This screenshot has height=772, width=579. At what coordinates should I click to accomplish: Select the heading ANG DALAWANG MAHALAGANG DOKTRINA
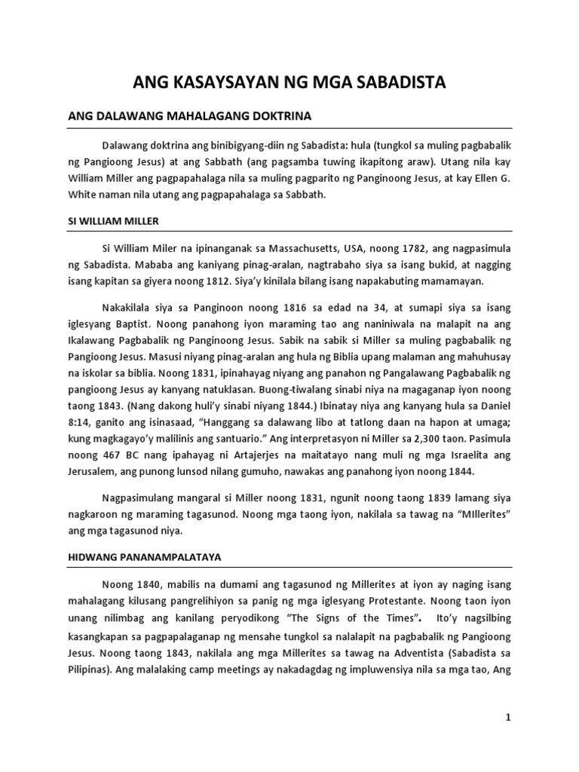(x=189, y=117)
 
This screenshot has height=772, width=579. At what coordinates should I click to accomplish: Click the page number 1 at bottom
(x=508, y=717)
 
